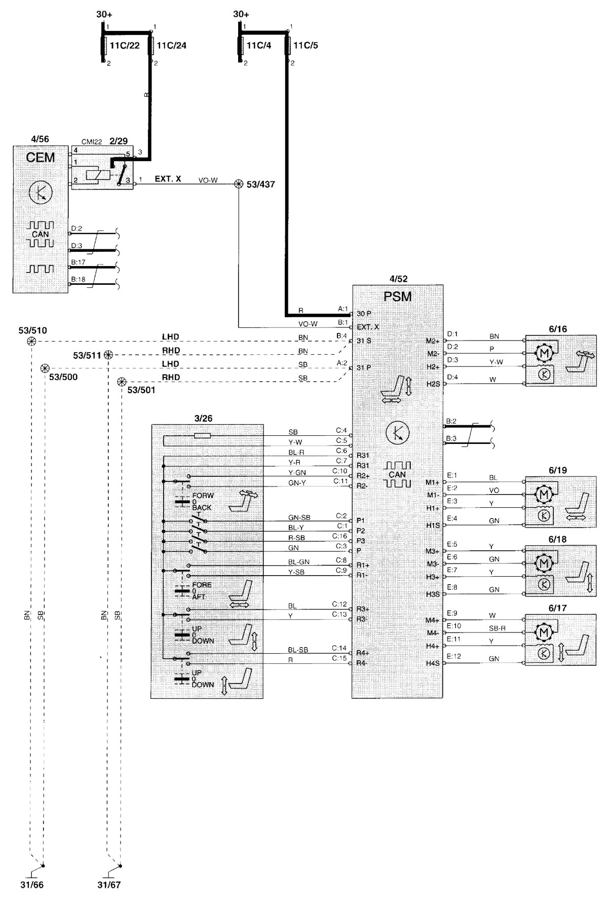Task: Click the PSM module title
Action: tap(398, 296)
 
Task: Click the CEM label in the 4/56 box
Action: tap(40, 157)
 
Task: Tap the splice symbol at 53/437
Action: tap(239, 184)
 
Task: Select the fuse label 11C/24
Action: tap(171, 46)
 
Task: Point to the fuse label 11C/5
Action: tap(306, 46)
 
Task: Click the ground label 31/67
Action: tap(109, 885)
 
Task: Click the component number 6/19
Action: tap(557, 470)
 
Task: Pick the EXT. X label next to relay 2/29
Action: tap(168, 179)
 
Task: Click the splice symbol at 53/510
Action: tap(31, 342)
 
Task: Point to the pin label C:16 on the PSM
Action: tap(339, 536)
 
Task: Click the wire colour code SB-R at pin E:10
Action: tap(497, 628)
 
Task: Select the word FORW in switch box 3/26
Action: tap(203, 495)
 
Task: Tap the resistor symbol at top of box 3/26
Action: tap(203, 435)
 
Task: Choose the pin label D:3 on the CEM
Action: tap(77, 246)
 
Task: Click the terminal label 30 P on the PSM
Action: tap(363, 314)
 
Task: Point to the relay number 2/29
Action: tap(119, 141)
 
